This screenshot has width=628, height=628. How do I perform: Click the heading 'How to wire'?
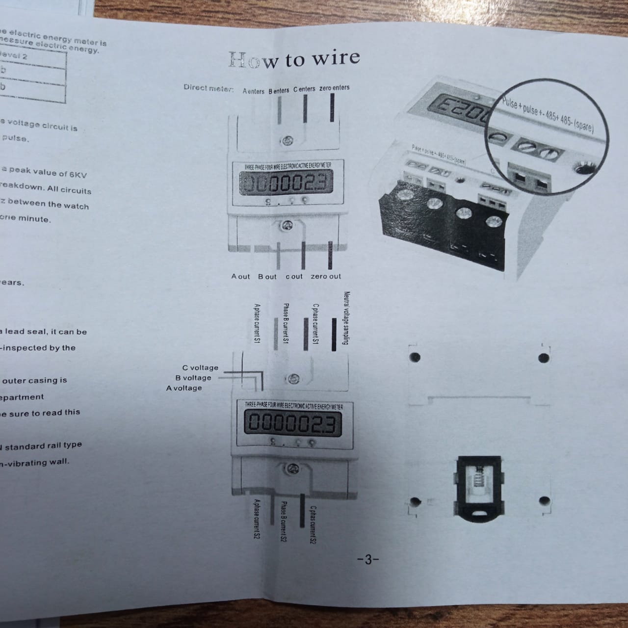coord(294,59)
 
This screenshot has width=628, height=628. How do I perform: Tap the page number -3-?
coord(368,559)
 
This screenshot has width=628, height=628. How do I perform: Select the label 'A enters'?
coord(253,91)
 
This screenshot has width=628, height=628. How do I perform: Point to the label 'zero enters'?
coord(334,88)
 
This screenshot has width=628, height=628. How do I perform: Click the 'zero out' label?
coord(325,276)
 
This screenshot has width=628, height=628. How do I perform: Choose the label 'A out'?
coord(240,276)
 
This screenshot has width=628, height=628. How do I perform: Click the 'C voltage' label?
coord(200,367)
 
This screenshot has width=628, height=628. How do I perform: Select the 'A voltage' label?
coord(184,388)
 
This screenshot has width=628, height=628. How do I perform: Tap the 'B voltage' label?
coord(193,378)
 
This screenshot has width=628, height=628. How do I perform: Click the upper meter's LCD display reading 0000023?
coord(285,184)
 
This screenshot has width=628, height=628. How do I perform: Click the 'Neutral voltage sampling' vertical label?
coord(346,318)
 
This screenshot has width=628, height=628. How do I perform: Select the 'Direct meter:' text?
coord(209,88)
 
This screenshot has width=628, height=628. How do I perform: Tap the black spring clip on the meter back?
coord(479,486)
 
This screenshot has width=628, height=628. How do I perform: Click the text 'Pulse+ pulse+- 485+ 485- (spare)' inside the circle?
coord(548,115)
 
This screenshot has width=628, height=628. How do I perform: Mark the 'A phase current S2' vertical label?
coord(256,519)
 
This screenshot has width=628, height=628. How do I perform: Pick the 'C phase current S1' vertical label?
coord(315,324)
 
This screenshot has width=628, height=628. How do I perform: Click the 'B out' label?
coord(267,276)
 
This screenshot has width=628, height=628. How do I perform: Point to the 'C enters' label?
coord(304,89)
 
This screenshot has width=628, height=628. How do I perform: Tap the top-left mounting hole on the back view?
coord(415,357)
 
